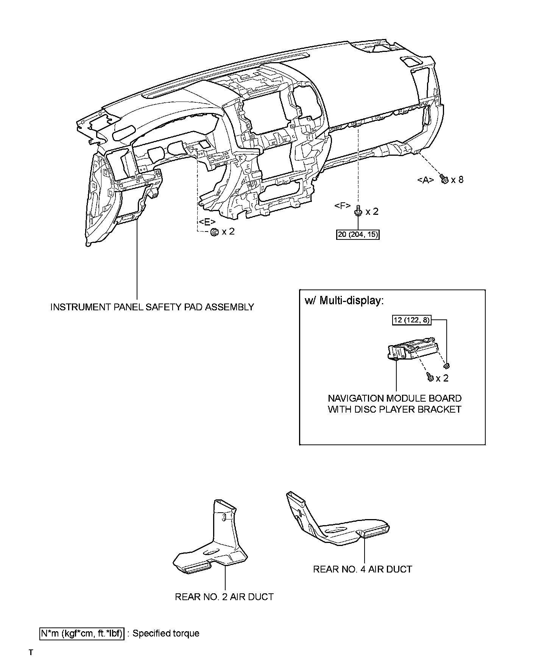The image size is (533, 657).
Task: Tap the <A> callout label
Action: (425, 180)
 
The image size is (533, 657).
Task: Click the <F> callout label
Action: (343, 206)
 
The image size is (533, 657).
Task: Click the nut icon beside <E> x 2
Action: (214, 232)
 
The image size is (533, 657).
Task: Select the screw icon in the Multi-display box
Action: (430, 377)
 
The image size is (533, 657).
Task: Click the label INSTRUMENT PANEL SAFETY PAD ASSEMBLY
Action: (152, 307)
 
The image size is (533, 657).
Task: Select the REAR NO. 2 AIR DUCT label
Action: (224, 597)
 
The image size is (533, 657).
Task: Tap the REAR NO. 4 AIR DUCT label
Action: (362, 569)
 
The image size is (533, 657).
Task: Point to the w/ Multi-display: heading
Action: (344, 300)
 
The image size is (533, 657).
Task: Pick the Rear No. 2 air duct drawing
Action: (212, 542)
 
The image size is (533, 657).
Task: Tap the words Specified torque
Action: (166, 633)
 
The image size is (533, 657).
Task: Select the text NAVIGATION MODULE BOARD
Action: (394, 398)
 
